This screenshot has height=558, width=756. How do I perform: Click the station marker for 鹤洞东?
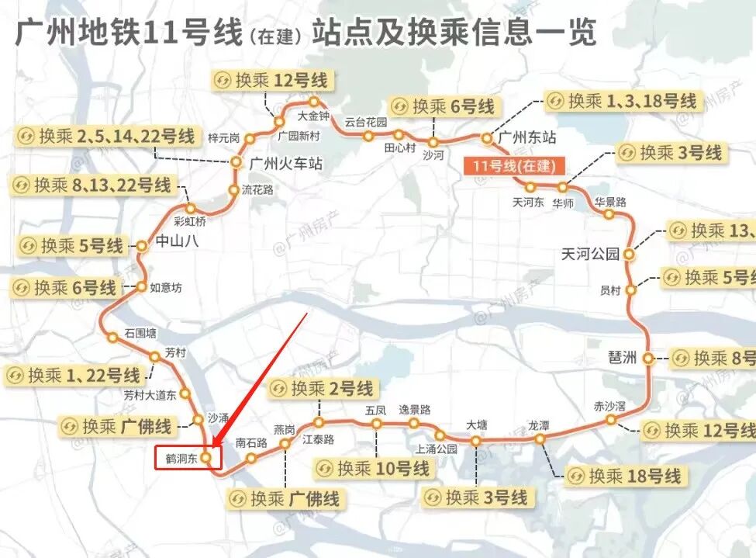(205, 458)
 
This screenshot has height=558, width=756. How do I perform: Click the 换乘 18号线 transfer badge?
(625, 475)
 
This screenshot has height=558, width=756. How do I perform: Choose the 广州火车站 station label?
(285, 164)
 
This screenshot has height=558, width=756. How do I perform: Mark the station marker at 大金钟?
(313, 102)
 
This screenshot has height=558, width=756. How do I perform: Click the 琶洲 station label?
(623, 358)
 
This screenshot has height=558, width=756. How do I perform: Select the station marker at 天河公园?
(630, 254)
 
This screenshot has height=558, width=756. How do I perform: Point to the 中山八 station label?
(178, 241)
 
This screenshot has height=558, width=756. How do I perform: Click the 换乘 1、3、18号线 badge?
(623, 101)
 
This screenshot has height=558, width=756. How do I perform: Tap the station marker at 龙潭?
(540, 438)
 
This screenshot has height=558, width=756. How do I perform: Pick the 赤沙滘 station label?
(609, 405)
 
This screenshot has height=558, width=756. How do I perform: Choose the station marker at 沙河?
(434, 143)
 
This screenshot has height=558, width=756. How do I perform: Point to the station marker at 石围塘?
(112, 337)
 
